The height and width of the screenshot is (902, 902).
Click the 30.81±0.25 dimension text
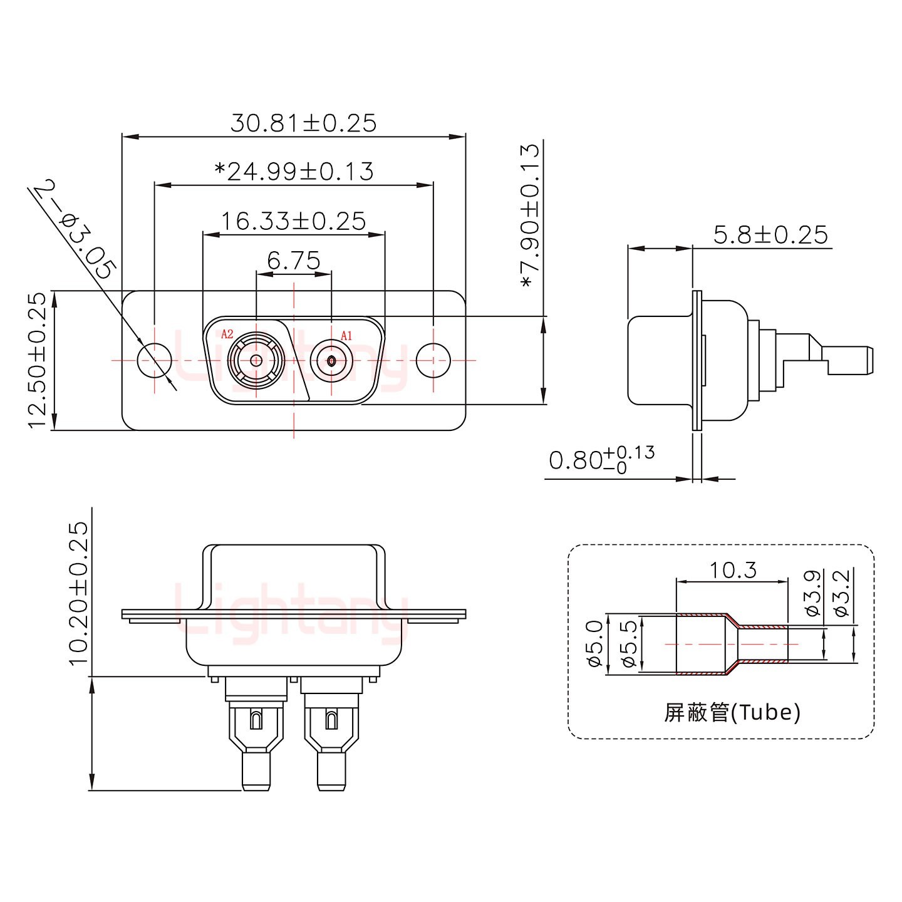click(x=303, y=123)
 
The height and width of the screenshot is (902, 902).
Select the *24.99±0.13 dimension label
click(x=294, y=171)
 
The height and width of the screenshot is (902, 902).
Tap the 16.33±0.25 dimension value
click(x=293, y=220)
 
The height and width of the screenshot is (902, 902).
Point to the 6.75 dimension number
click(x=293, y=260)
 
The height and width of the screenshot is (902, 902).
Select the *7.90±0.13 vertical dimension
click(x=530, y=216)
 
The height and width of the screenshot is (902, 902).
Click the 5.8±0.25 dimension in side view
click(x=770, y=235)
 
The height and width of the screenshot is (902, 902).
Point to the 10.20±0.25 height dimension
click(x=79, y=594)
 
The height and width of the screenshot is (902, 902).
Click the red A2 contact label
click(x=227, y=334)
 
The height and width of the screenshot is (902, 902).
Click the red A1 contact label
click(x=346, y=336)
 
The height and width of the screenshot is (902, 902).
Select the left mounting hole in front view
click(x=154, y=361)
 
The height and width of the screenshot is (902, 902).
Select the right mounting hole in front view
click(x=433, y=361)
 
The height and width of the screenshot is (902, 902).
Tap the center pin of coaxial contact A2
click(x=256, y=360)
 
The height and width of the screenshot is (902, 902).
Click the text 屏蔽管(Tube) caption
click(x=732, y=712)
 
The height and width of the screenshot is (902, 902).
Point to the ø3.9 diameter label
click(x=812, y=594)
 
